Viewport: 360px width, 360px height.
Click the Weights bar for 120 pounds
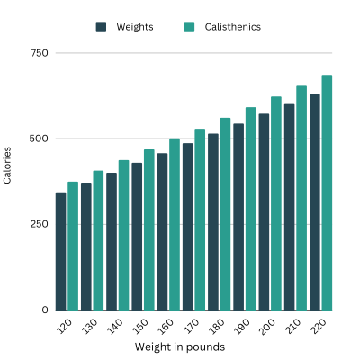(60, 251)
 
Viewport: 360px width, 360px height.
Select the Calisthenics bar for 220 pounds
(327, 193)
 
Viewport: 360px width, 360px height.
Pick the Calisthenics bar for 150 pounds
(149, 229)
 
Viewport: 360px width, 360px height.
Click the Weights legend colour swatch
(102, 27)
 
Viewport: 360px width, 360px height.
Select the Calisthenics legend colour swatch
(189, 27)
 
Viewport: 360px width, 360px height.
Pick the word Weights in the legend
(135, 27)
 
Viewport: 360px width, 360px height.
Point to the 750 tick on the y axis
(38, 54)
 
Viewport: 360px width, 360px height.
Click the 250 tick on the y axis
(38, 224)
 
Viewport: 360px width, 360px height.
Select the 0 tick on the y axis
(43, 310)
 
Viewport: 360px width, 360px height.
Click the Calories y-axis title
(8, 166)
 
